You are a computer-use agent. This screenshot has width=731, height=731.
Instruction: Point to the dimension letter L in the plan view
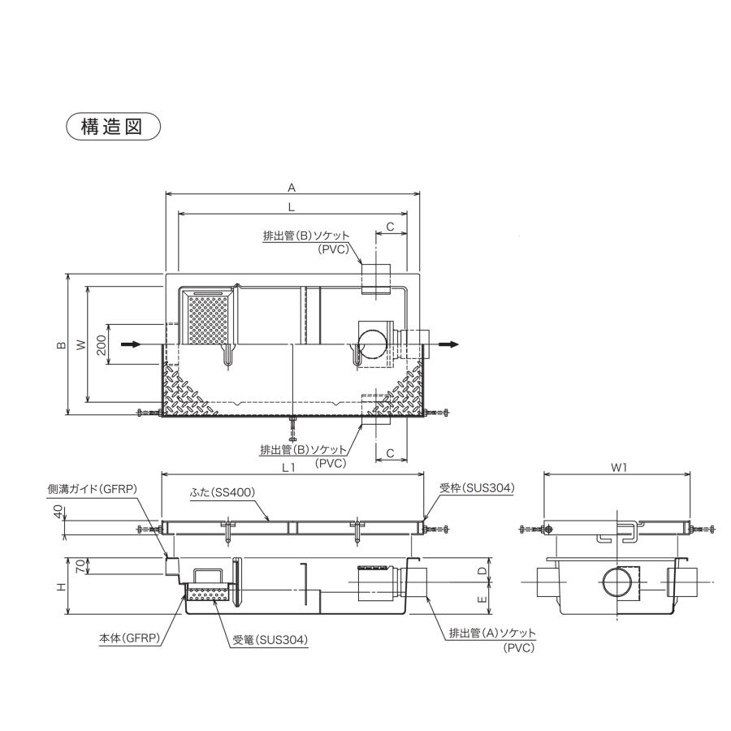point(291,207)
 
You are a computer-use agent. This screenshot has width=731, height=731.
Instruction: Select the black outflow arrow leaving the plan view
point(448,344)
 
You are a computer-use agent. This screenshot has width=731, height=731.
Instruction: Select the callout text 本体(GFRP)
point(129,639)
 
